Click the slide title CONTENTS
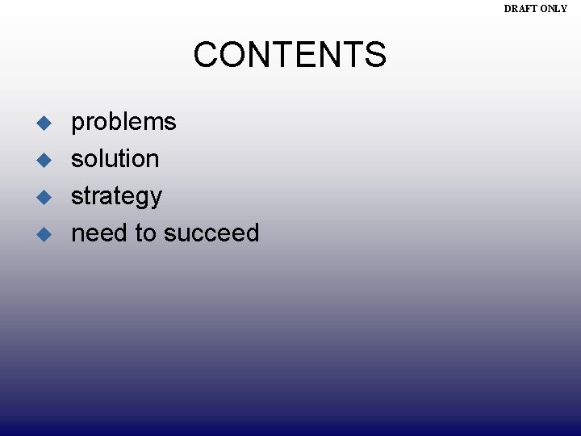[x=290, y=55]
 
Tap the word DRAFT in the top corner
[x=521, y=9]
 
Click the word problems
[x=123, y=122]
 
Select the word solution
[x=115, y=159]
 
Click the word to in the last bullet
[x=145, y=233]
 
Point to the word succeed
[x=211, y=233]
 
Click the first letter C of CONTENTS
[x=205, y=55]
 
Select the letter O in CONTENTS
[x=231, y=55]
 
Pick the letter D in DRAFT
[x=508, y=9]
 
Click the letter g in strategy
[x=140, y=199]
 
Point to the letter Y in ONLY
[x=564, y=9]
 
